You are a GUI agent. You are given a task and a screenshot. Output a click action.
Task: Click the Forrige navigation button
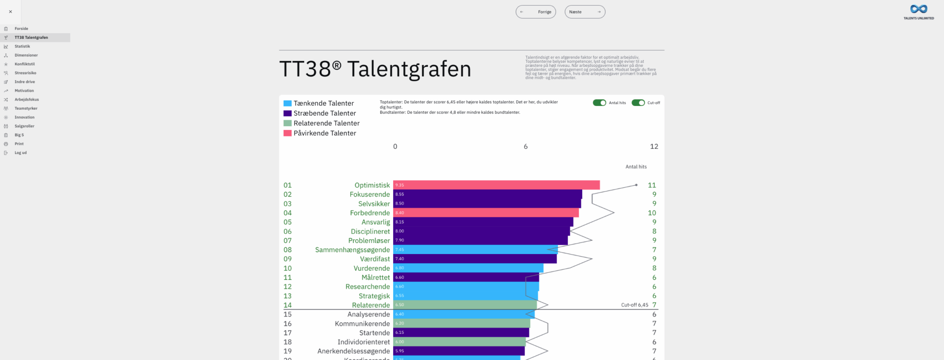(x=536, y=12)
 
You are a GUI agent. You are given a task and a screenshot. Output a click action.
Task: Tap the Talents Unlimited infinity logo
(x=919, y=9)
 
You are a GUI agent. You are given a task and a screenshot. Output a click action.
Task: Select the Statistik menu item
(x=22, y=47)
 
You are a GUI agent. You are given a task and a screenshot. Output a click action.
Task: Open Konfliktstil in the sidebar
(x=24, y=64)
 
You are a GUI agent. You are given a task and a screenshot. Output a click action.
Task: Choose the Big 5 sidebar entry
(x=19, y=135)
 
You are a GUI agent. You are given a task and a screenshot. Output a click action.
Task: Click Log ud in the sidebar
(x=20, y=153)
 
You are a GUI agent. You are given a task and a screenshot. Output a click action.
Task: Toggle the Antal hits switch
(x=599, y=103)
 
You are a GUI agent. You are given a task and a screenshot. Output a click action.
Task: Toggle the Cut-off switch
(x=638, y=103)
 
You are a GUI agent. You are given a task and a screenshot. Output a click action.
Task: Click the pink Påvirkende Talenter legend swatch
(x=288, y=133)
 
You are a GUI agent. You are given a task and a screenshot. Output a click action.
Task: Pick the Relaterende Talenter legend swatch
(x=288, y=123)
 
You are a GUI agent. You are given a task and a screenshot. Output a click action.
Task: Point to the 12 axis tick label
(x=654, y=147)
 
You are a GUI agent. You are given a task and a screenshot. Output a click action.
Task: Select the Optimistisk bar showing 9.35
(x=496, y=185)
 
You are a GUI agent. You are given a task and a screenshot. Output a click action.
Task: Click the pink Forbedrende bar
(x=486, y=213)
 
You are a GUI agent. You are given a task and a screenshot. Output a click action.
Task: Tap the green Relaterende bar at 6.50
(x=465, y=305)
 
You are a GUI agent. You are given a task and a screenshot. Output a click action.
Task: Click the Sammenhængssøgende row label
(x=352, y=250)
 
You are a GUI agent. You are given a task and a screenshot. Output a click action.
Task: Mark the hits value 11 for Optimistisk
(x=651, y=185)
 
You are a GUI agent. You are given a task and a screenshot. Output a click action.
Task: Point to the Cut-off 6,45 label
(x=634, y=305)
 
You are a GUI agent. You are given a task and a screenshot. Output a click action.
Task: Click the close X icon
(x=10, y=12)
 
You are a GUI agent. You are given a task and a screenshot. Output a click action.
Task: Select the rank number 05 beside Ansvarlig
(x=288, y=222)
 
